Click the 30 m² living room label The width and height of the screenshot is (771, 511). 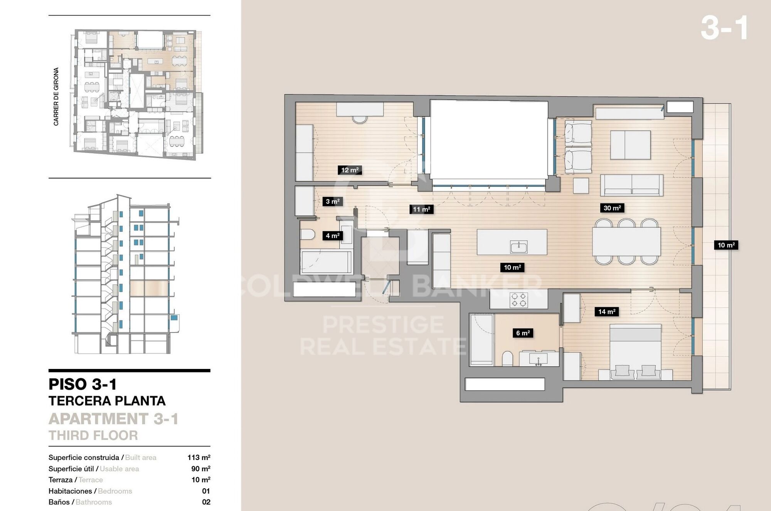pos(612,208)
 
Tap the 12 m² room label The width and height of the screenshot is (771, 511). pos(350,170)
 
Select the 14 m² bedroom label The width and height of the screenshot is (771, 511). pos(606,311)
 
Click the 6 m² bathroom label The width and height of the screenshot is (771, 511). pos(523,333)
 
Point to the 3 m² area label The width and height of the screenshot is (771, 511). pos(332,201)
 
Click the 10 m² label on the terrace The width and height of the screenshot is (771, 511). pos(726,245)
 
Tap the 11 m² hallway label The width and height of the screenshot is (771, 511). pos(421,209)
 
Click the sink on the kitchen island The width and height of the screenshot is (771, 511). pos(519,247)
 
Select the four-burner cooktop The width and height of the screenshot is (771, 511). pos(518,300)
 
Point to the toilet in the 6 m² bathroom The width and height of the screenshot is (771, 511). pos(508,359)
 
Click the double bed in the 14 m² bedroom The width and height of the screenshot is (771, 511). pos(635,351)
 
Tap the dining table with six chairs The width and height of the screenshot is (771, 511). pos(626,242)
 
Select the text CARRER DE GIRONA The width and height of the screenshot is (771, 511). pos(56,96)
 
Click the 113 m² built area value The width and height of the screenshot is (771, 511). pos(199,457)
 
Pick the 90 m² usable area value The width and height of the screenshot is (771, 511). pos(200,469)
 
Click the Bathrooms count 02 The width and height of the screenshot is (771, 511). pos(206,502)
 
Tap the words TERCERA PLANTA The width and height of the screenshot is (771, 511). pos(107,401)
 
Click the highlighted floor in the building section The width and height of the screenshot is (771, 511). pos(148,288)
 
